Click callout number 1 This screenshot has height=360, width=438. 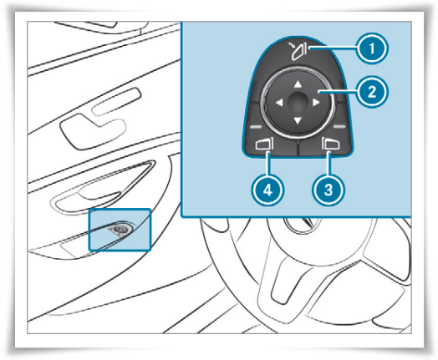(372, 48)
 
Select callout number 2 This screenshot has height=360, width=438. (372, 92)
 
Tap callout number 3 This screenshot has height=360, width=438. (328, 190)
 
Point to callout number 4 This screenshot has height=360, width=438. (267, 190)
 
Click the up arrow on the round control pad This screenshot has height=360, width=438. (298, 84)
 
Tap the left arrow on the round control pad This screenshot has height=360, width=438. (279, 103)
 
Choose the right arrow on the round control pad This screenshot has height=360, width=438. (316, 103)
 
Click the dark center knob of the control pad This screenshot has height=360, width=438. (298, 102)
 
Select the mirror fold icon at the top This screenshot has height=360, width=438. (298, 50)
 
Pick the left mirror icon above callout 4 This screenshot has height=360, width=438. (264, 145)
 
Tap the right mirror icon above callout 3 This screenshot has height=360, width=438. (331, 144)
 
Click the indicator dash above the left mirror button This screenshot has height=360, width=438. (256, 127)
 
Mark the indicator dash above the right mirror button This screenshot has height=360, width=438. (339, 127)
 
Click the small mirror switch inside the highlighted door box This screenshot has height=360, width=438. (120, 230)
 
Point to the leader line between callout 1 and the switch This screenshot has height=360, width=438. (333, 48)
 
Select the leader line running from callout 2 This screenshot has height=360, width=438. (338, 92)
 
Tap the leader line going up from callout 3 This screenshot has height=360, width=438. (328, 163)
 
